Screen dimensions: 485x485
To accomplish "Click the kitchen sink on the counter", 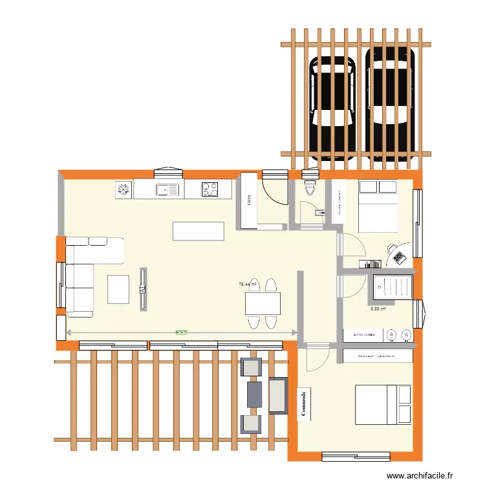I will (167, 189).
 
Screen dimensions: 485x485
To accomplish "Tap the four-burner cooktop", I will (210, 189).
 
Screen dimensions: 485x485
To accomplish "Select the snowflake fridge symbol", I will (123, 189).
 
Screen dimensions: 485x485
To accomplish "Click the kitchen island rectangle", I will (199, 231).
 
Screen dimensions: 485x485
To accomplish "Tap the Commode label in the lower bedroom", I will (302, 404).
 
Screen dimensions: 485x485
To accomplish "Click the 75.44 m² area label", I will (248, 284).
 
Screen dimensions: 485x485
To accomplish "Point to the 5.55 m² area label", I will (378, 309).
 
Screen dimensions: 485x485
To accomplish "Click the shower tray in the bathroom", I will (392, 285).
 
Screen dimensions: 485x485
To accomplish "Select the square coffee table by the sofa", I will (119, 289).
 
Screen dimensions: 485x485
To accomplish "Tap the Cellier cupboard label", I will (249, 200).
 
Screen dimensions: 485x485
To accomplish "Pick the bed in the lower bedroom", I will (382, 405).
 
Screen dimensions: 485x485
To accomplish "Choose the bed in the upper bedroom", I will (378, 205).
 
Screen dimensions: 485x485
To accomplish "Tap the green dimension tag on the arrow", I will (182, 332).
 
